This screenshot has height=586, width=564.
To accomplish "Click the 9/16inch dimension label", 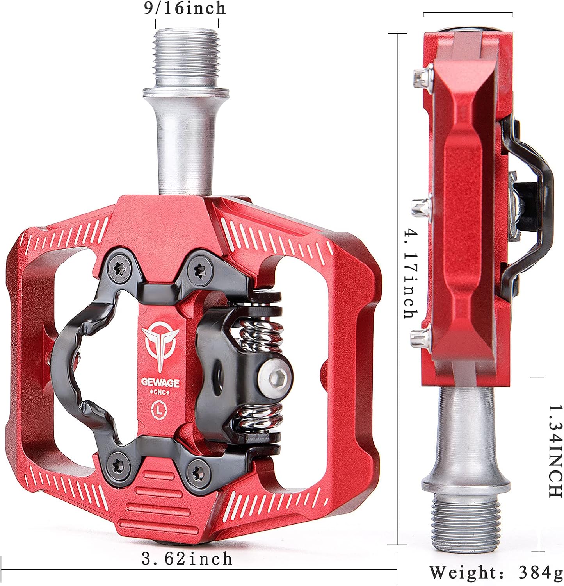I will click(x=185, y=9).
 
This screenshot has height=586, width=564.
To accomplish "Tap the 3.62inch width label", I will click(x=187, y=559).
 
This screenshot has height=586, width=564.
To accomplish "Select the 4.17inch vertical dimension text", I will click(x=409, y=273).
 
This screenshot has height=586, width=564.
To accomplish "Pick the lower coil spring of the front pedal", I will click(x=260, y=415).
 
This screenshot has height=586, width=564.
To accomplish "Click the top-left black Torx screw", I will click(x=117, y=267).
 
